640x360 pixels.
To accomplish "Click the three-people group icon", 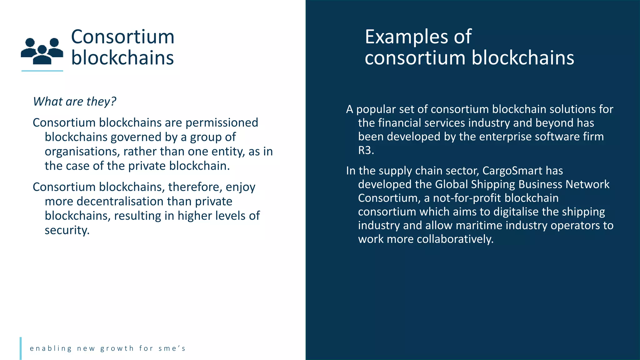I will click(x=42, y=51).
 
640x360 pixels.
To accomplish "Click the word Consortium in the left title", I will click(x=122, y=37).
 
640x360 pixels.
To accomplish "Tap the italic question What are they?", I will click(x=75, y=102).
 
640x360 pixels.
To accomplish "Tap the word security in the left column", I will click(x=67, y=230).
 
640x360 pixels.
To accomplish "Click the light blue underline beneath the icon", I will click(x=42, y=71).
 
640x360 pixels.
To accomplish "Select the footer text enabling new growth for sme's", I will click(x=107, y=348).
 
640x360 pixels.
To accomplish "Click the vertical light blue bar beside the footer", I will click(x=21, y=348).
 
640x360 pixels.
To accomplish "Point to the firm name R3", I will click(x=365, y=151).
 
